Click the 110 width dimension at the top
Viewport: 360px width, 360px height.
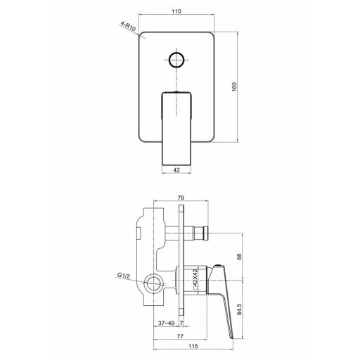click(x=176, y=11)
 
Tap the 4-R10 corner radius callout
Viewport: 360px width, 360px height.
click(x=128, y=26)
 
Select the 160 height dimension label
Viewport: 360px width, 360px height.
click(x=234, y=87)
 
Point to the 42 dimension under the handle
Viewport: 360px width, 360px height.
click(x=176, y=170)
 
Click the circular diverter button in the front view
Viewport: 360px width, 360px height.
click(x=176, y=60)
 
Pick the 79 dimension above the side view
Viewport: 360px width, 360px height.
click(x=181, y=198)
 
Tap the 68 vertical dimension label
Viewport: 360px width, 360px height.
click(x=239, y=257)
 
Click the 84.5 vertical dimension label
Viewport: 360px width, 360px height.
click(x=239, y=309)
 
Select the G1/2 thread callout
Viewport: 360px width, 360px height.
click(x=124, y=276)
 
